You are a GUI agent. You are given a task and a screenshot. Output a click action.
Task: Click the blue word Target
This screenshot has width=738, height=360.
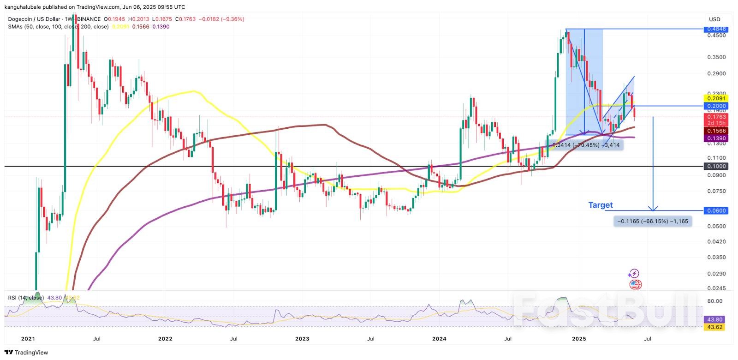(x=600, y=205)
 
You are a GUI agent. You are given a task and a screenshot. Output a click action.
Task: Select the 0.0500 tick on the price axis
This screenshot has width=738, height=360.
(x=716, y=226)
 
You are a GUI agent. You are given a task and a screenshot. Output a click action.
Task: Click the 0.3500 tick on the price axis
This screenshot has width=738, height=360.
(x=716, y=57)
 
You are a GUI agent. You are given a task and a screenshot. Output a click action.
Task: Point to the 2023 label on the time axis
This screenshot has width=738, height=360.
(x=302, y=339)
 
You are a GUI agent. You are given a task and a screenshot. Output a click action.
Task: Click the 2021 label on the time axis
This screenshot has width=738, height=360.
(x=28, y=339)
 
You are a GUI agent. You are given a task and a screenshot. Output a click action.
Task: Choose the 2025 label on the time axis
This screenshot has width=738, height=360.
(x=578, y=339)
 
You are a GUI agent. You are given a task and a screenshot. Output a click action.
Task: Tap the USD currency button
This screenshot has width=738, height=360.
(x=714, y=19)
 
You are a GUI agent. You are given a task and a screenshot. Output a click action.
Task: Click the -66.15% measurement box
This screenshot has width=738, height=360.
(x=653, y=222)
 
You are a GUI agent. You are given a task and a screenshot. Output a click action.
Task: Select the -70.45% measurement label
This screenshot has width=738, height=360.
(x=587, y=145)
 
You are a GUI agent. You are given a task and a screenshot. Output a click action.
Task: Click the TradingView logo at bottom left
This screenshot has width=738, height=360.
(x=26, y=353)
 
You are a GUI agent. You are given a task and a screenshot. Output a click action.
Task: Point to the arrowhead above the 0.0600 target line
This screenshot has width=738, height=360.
(x=653, y=208)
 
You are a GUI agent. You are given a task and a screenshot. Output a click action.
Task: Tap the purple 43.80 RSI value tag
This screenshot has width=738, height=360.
(x=714, y=319)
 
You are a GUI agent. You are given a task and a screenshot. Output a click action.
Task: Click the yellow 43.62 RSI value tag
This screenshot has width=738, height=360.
(x=714, y=327)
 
